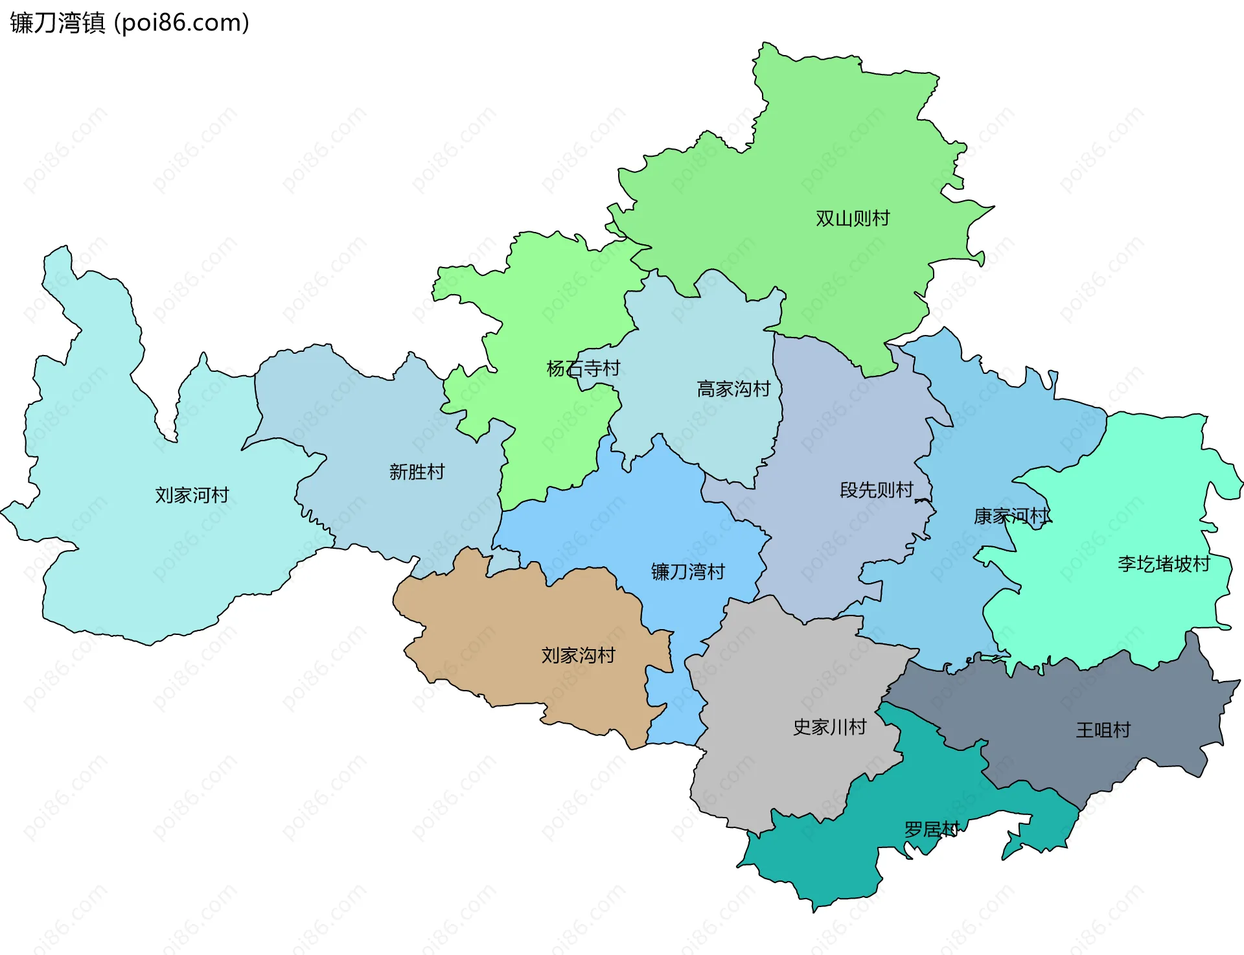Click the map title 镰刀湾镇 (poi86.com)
pyautogui.click(x=130, y=23)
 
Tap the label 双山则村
pyautogui.click(x=852, y=218)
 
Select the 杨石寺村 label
pyautogui.click(x=583, y=369)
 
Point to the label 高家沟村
pyautogui.click(x=733, y=389)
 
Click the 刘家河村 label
pyautogui.click(x=192, y=495)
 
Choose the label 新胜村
pyautogui.click(x=417, y=472)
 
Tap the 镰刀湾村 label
pyautogui.click(x=687, y=571)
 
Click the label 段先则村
pyautogui.click(x=876, y=490)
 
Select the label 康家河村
pyautogui.click(x=1011, y=516)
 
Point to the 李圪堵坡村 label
pyautogui.click(x=1164, y=564)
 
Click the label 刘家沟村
pyautogui.click(x=578, y=655)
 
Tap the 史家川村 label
pyautogui.click(x=829, y=727)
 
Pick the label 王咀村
pyautogui.click(x=1103, y=730)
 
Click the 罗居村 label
pyautogui.click(x=931, y=829)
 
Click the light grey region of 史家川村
pyautogui.click(x=777, y=680)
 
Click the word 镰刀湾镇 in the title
pyautogui.click(x=57, y=23)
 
